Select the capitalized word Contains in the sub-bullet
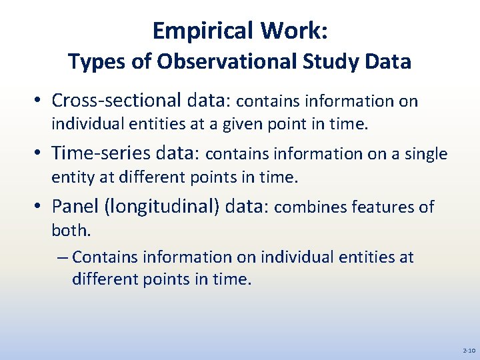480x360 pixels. (106, 257)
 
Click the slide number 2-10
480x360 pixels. (468, 350)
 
